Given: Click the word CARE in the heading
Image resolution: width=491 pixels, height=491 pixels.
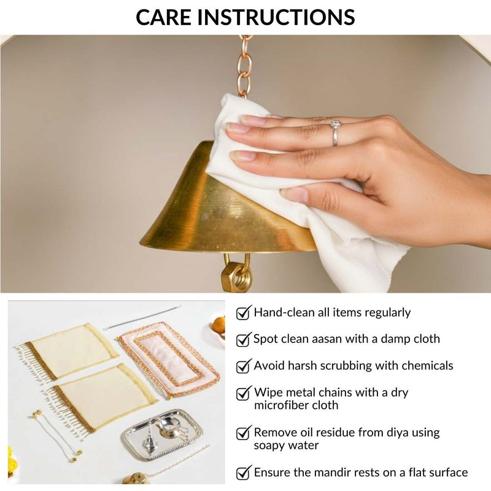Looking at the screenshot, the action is [x=163, y=17].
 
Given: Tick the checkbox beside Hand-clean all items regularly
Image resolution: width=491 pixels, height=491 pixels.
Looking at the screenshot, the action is [x=244, y=312].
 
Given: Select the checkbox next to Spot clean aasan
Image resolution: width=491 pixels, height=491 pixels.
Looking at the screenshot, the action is [x=244, y=339].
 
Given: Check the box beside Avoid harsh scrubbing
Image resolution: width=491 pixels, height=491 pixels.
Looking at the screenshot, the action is [x=244, y=366].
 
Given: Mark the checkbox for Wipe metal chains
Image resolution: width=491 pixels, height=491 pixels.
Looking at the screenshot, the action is [x=244, y=393].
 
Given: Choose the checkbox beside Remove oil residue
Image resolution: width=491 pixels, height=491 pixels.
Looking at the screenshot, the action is [x=244, y=433].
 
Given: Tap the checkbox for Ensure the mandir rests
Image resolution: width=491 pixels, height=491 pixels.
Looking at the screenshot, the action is [x=244, y=472].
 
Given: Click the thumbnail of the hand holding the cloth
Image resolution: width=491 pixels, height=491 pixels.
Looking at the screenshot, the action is [x=245, y=164].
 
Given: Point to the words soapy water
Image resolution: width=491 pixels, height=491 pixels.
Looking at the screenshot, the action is [x=286, y=446].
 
